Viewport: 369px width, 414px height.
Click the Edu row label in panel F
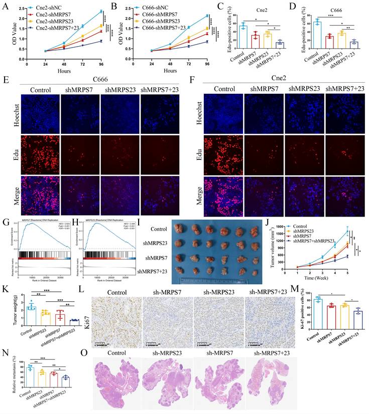click(x=198, y=153)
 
